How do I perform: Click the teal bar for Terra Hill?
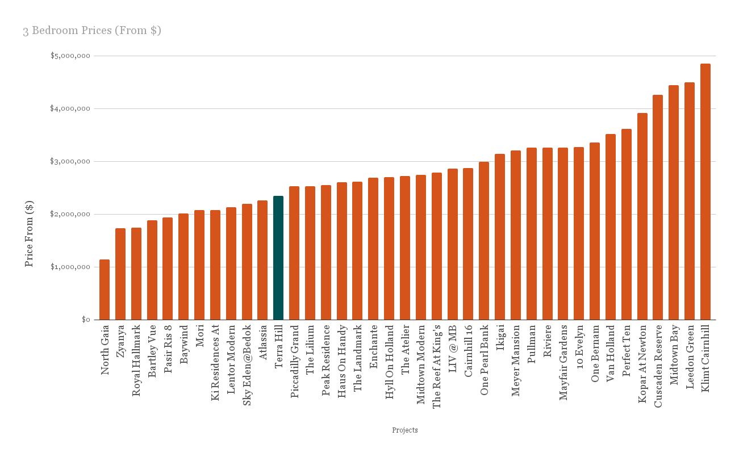[278, 258]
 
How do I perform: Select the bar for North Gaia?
[105, 290]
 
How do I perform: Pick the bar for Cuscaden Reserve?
[658, 207]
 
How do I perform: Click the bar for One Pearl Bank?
[484, 241]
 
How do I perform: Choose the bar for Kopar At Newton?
[642, 216]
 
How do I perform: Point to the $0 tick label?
[86, 320]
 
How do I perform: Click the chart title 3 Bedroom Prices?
[92, 31]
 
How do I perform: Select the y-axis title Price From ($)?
[30, 233]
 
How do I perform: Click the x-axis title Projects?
[405, 430]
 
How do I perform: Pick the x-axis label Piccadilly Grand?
[295, 361]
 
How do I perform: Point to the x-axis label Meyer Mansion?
[516, 360]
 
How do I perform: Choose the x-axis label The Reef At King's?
[437, 366]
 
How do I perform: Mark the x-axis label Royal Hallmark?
[136, 360]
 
